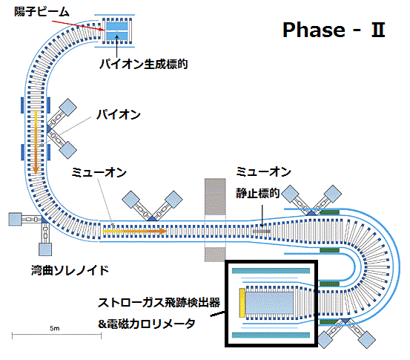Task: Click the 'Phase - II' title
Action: pyautogui.click(x=334, y=30)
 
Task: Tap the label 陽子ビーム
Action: pyautogui.click(x=42, y=12)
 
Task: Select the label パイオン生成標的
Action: pyautogui.click(x=144, y=64)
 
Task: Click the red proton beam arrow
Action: pyautogui.click(x=78, y=25)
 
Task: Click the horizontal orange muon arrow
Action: pyautogui.click(x=134, y=231)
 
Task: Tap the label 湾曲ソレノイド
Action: pyautogui.click(x=70, y=270)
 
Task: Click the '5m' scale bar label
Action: pyautogui.click(x=55, y=328)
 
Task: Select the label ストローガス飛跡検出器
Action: pyautogui.click(x=159, y=303)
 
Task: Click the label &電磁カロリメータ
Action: pyautogui.click(x=147, y=324)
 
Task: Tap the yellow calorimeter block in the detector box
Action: pyautogui.click(x=242, y=303)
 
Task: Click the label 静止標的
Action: pyautogui.click(x=258, y=193)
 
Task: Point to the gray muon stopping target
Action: pyautogui.click(x=262, y=232)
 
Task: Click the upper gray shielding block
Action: pyautogui.click(x=215, y=197)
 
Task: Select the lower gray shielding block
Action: pyautogui.click(x=215, y=255)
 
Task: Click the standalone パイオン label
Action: pyautogui.click(x=119, y=114)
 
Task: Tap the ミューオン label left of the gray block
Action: pyautogui.click(x=99, y=172)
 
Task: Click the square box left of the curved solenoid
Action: pyautogui.click(x=15, y=219)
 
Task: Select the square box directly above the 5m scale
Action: pyautogui.click(x=45, y=249)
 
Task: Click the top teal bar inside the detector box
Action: pyautogui.click(x=271, y=271)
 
